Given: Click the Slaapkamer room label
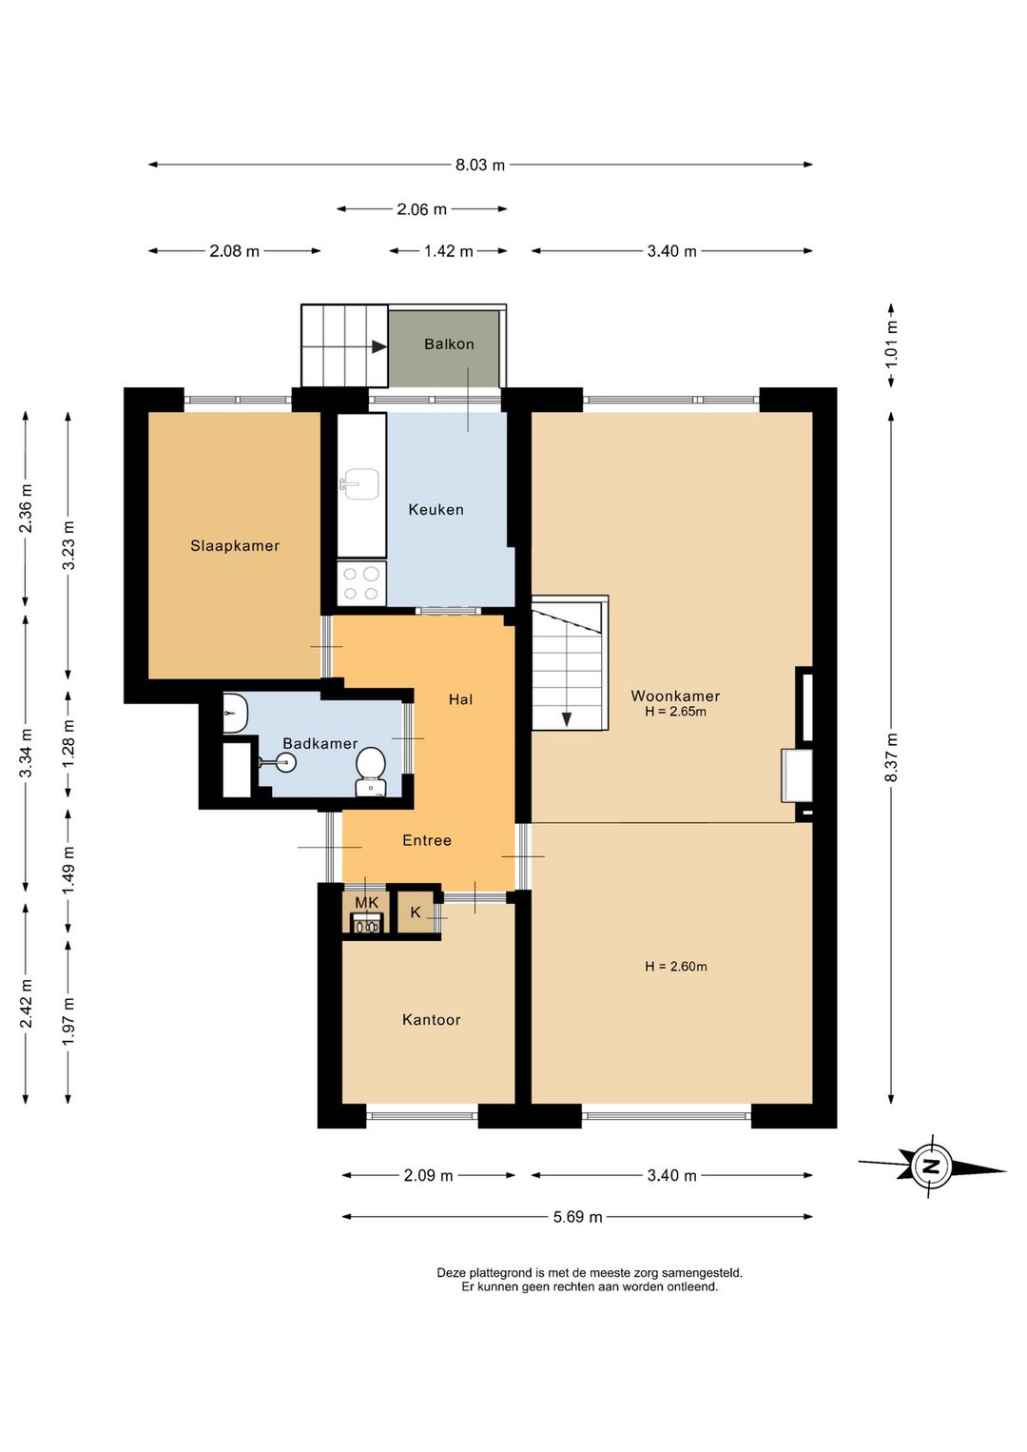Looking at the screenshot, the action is pyautogui.click(x=235, y=546).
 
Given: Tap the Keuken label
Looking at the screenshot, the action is pyautogui.click(x=436, y=509).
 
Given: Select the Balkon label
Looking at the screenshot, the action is pyautogui.click(x=449, y=343).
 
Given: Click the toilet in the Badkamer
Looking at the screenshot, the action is pyautogui.click(x=371, y=772).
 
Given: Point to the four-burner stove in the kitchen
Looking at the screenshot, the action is pyautogui.click(x=362, y=583).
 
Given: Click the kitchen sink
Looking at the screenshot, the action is pyautogui.click(x=358, y=484).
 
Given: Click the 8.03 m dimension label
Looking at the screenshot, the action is pyautogui.click(x=479, y=165).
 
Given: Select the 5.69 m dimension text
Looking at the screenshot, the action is pyautogui.click(x=577, y=1217).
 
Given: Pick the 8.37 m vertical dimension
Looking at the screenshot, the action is pyautogui.click(x=891, y=757).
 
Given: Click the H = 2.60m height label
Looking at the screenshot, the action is pyautogui.click(x=676, y=967).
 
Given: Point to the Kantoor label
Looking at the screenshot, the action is pyautogui.click(x=432, y=1020).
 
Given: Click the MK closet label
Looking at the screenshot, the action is pyautogui.click(x=366, y=902).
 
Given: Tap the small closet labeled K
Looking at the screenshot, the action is pyautogui.click(x=416, y=912).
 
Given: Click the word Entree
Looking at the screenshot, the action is pyautogui.click(x=426, y=840).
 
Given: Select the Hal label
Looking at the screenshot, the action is pyautogui.click(x=460, y=699).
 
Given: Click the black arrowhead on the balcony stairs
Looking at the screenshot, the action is pyautogui.click(x=379, y=346).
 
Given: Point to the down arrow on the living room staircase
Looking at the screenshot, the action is pyautogui.click(x=567, y=719).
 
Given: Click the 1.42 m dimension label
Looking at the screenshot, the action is pyautogui.click(x=449, y=251).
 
